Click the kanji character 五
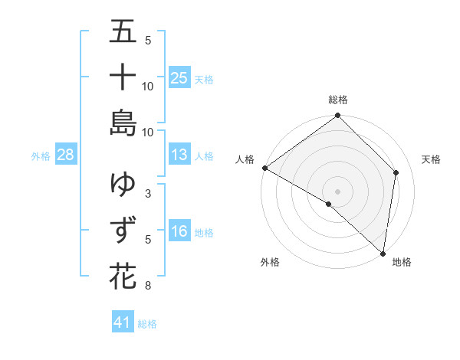coord(123,33)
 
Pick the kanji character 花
coord(123,275)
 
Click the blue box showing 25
coord(179,77)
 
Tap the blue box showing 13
coord(179,155)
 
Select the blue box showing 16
coord(179,231)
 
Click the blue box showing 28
coord(66,155)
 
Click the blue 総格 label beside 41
coord(148,324)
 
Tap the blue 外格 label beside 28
coord(41,156)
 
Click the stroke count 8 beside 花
coord(147,286)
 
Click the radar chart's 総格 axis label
coord(337,100)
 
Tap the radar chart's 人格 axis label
coord(245,159)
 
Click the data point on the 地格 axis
coord(383,253)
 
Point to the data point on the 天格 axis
coord(396,172)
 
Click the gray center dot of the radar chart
coord(337,191)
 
